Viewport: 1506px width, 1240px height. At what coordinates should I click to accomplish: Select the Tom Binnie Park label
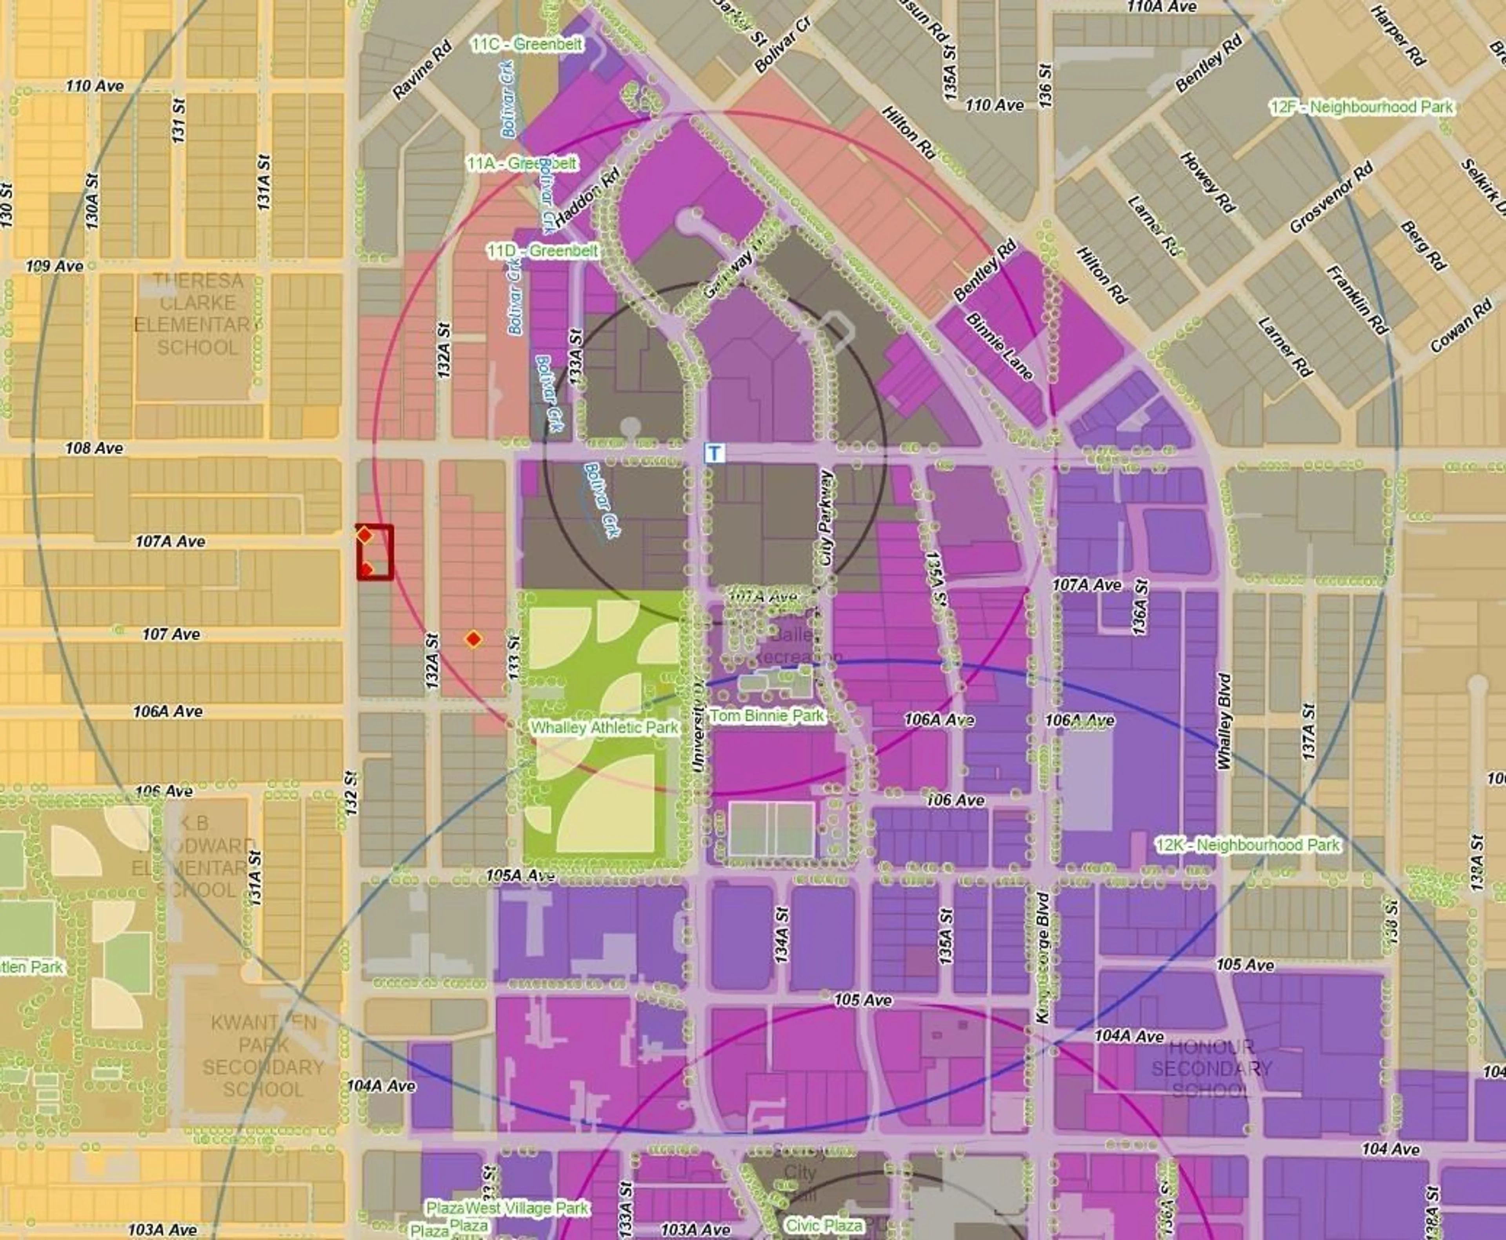(x=767, y=715)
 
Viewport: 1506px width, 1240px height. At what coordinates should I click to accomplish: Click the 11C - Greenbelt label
(x=527, y=44)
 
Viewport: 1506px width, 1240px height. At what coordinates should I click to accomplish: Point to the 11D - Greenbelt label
(x=542, y=251)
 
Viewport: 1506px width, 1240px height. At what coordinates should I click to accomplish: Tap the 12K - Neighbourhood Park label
(x=1248, y=845)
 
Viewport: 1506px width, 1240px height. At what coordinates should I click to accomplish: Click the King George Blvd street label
(x=1042, y=957)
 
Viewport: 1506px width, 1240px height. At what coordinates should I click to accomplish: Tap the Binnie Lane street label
(x=999, y=346)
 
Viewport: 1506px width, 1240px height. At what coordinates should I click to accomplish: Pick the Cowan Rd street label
(x=1461, y=326)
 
